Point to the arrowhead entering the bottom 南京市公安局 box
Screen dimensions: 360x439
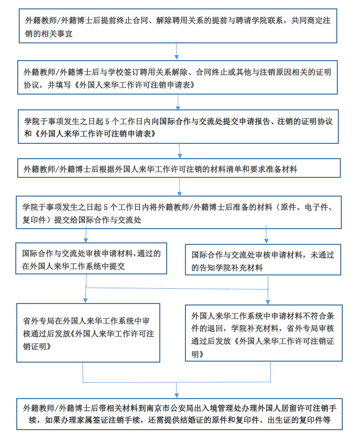177,396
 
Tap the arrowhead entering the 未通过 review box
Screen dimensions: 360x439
266,241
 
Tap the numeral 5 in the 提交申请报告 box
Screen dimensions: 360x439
107,122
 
